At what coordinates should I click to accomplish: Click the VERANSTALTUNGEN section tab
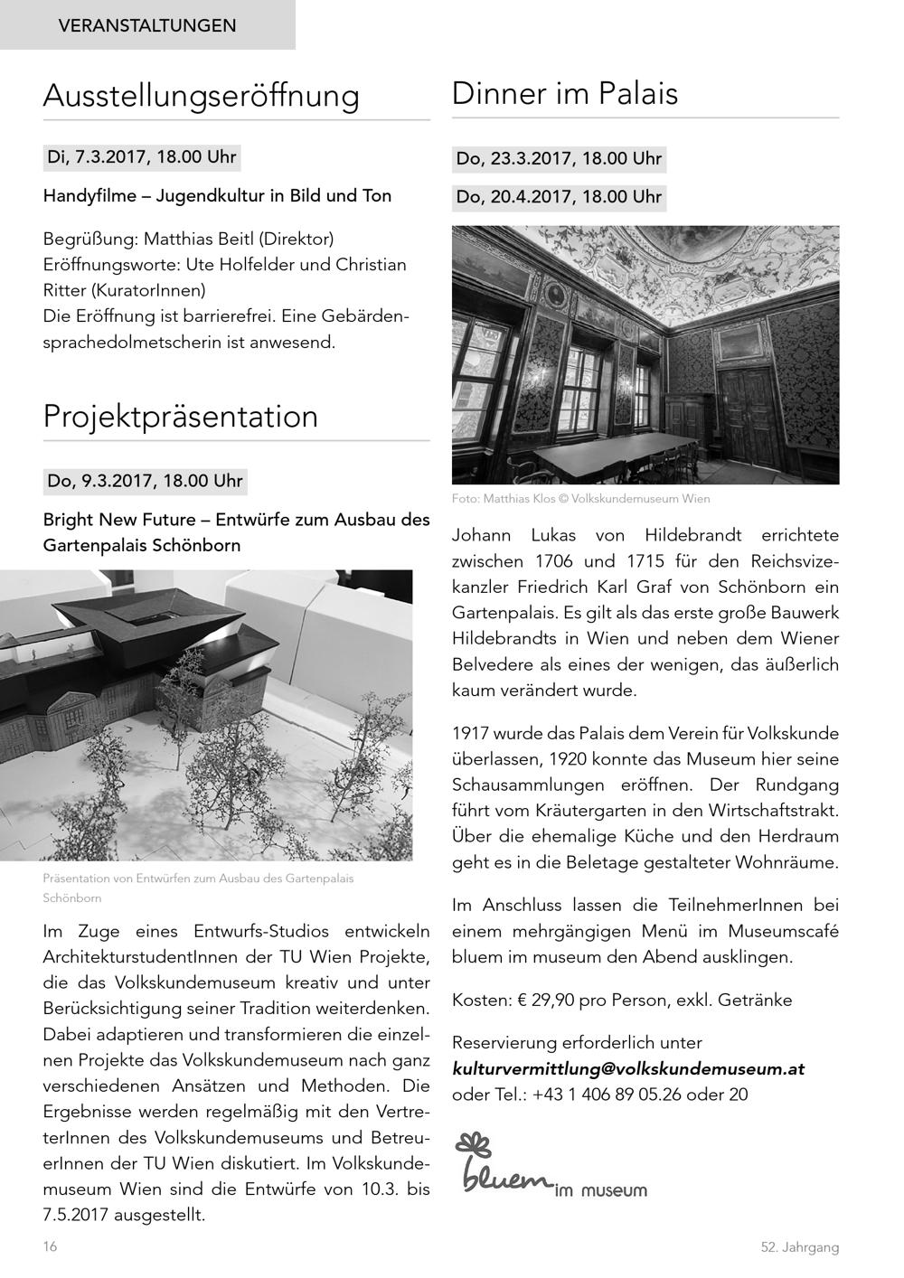(x=147, y=25)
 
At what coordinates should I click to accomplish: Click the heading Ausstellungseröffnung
(x=201, y=95)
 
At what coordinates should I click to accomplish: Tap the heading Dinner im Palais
(x=564, y=93)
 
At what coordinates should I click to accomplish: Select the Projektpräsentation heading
(x=181, y=416)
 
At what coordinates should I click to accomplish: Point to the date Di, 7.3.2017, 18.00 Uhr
(x=142, y=157)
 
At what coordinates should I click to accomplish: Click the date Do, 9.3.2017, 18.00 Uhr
(x=145, y=481)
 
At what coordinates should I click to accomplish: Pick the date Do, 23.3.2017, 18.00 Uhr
(x=559, y=159)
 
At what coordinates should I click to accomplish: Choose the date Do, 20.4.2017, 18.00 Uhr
(x=559, y=196)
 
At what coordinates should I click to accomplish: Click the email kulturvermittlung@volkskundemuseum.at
(x=628, y=1068)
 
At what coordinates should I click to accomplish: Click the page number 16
(x=50, y=1246)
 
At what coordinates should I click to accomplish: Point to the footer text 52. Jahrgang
(x=799, y=1247)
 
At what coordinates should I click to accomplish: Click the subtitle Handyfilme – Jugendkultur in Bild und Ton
(x=217, y=195)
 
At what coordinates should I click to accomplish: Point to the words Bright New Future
(x=120, y=520)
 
